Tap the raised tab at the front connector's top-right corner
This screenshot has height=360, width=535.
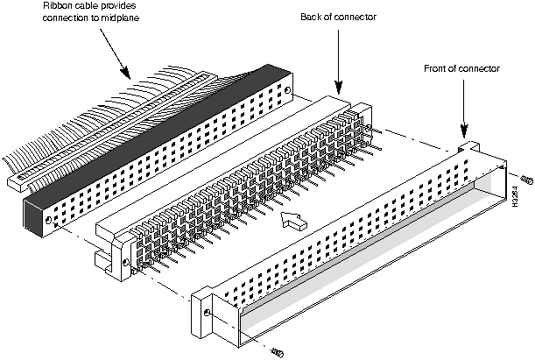[468, 147]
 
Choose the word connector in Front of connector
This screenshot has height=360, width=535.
[481, 68]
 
